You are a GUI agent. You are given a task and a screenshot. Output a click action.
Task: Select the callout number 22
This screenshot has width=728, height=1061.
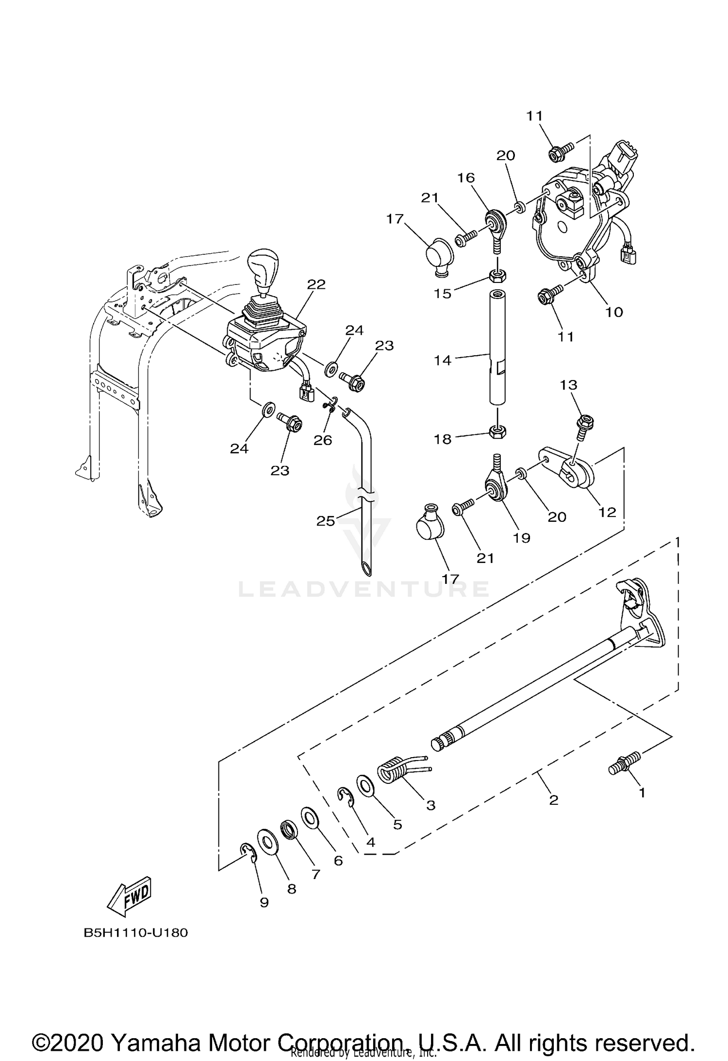click(x=316, y=284)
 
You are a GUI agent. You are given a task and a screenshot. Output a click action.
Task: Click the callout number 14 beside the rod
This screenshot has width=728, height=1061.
click(x=443, y=360)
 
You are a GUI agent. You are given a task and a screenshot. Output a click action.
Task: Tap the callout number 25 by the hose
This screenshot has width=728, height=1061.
click(x=326, y=521)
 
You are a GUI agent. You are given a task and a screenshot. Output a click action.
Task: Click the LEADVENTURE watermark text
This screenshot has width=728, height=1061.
click(x=364, y=589)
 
